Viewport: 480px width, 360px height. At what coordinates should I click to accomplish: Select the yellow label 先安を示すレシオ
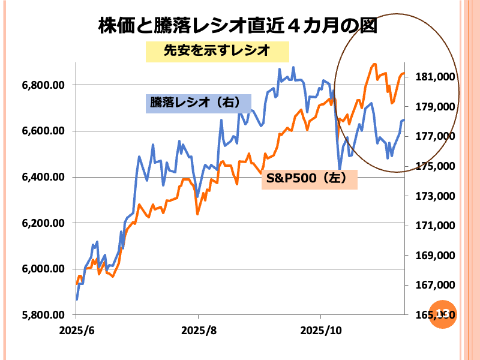click(217, 52)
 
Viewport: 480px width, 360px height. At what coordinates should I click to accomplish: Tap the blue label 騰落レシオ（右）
click(199, 103)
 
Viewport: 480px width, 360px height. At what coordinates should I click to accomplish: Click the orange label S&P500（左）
click(309, 179)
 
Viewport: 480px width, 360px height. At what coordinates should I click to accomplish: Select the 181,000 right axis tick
click(433, 77)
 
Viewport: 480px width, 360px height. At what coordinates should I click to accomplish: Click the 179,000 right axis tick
click(433, 107)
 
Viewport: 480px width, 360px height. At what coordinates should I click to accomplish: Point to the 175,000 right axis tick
click(433, 167)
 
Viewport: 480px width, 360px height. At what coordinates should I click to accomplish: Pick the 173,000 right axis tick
click(433, 196)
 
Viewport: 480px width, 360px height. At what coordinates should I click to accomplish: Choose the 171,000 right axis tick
click(433, 226)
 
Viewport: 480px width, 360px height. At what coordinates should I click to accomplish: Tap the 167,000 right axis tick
click(433, 286)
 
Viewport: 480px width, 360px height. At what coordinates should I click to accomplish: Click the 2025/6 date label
click(76, 331)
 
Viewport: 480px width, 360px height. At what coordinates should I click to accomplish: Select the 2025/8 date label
click(198, 331)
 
